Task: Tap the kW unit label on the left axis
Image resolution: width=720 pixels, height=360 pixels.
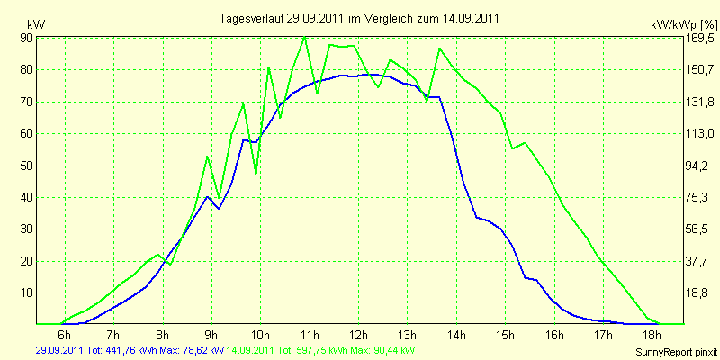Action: pyautogui.click(x=36, y=25)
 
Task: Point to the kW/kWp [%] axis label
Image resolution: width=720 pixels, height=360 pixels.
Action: pyautogui.click(x=684, y=24)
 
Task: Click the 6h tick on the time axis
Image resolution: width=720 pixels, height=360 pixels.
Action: pyautogui.click(x=65, y=333)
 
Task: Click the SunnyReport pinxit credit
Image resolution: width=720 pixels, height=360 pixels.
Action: pyautogui.click(x=676, y=352)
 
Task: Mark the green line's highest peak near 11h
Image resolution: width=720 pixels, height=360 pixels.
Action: pyautogui.click(x=304, y=37)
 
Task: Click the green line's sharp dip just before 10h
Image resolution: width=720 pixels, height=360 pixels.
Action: pyautogui.click(x=256, y=174)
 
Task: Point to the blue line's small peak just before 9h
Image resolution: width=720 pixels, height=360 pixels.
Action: pyautogui.click(x=208, y=196)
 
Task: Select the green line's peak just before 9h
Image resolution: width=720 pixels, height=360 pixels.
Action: pyautogui.click(x=208, y=157)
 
